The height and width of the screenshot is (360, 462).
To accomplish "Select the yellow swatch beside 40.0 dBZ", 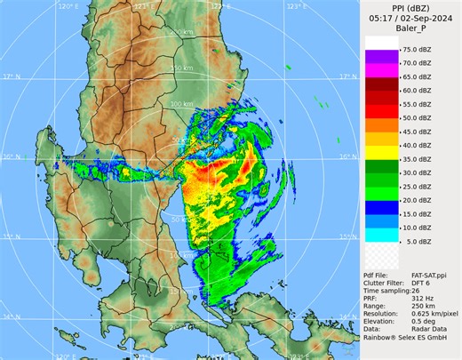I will tap(379, 146).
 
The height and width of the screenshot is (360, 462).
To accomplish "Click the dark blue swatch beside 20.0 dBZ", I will tap(379, 200).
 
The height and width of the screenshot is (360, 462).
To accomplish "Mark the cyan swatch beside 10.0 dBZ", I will tap(379, 227).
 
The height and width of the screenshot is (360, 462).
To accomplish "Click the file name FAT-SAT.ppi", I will tap(428, 278).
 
